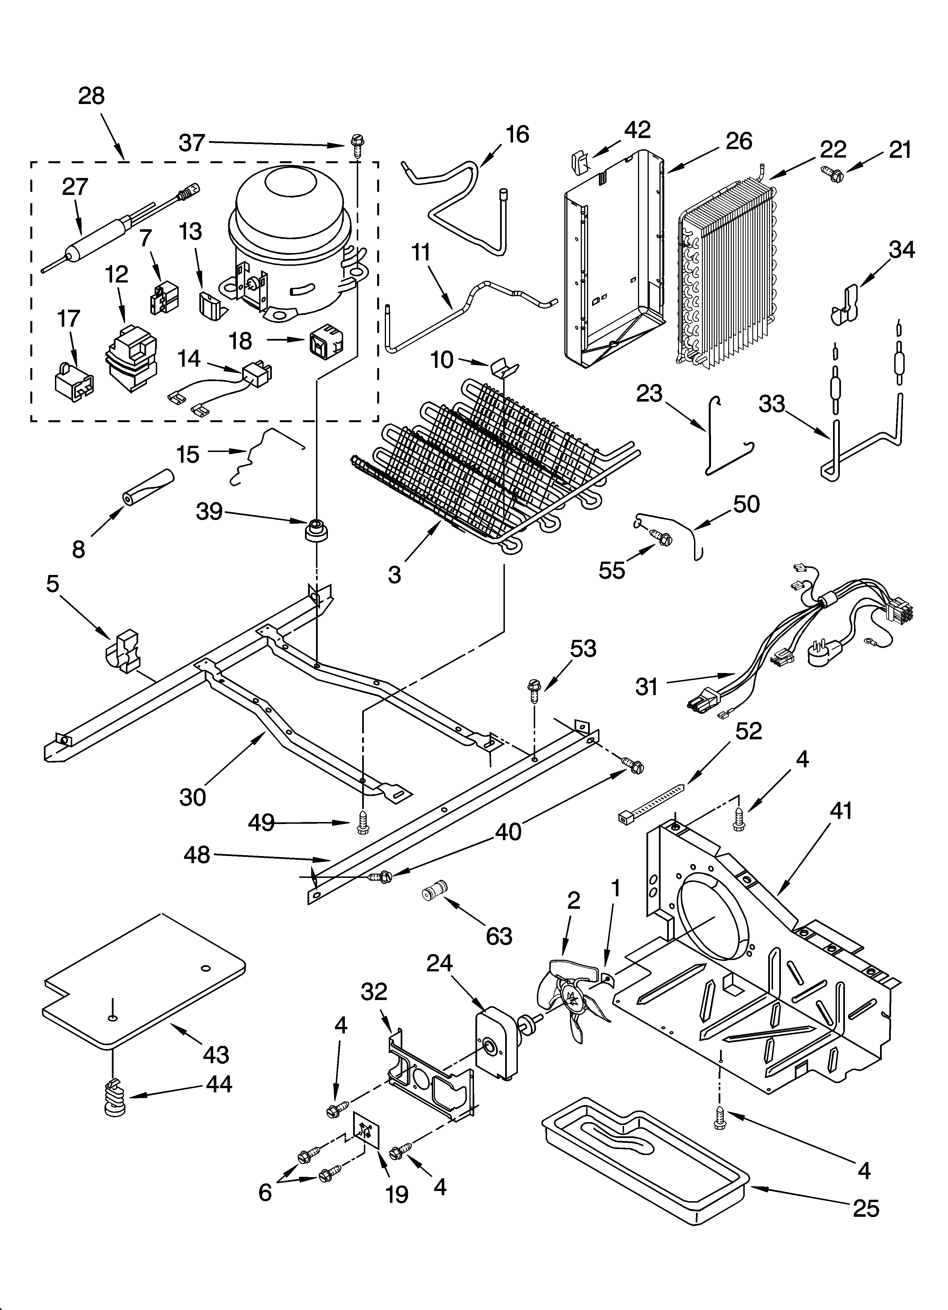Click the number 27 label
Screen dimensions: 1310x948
tap(75, 187)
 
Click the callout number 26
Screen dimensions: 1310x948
tap(739, 141)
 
